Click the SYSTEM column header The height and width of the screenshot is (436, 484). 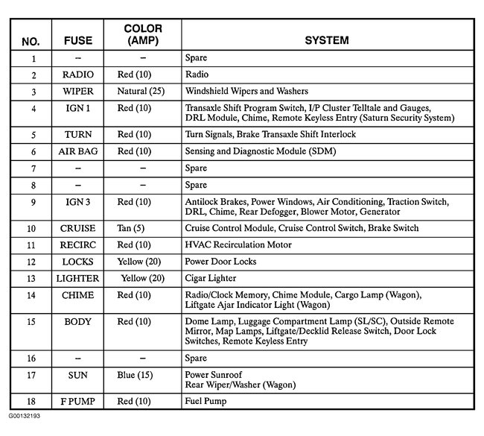pos(326,40)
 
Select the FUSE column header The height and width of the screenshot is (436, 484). pos(78,40)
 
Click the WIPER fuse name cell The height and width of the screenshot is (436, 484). pos(78,91)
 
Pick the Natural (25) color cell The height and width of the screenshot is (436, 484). pos(141,91)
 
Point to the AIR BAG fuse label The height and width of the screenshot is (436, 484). pos(78,151)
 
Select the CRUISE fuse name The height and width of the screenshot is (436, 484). pos(78,228)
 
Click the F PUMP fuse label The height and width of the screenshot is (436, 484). pos(78,401)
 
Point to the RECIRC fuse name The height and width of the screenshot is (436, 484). pos(78,244)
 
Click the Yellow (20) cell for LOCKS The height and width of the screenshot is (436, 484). pos(140,262)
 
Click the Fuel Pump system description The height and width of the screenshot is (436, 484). pos(206,401)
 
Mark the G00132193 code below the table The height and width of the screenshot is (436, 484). pos(25,415)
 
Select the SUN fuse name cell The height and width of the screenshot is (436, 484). pos(78,375)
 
